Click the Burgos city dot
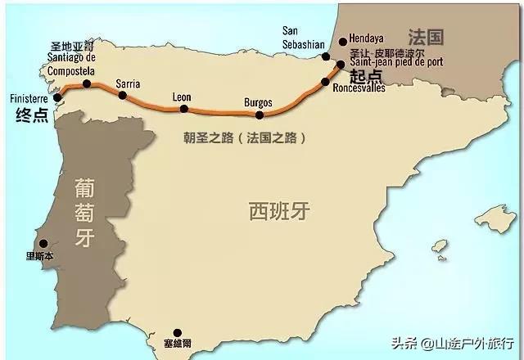[x=260, y=115]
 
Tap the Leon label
[x=182, y=97]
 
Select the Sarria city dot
[x=123, y=95]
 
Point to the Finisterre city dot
[x=57, y=97]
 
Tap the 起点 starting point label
[x=366, y=75]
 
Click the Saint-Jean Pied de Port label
[x=396, y=61]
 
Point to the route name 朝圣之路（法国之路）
[x=245, y=138]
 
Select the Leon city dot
[x=185, y=108]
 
